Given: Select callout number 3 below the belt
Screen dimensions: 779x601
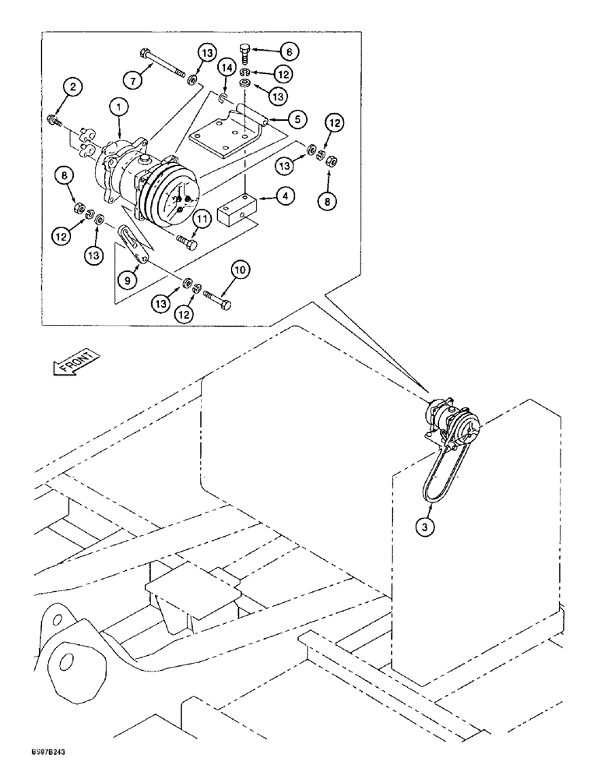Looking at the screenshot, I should tap(424, 527).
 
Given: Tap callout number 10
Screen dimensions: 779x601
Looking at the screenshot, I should tap(239, 270).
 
